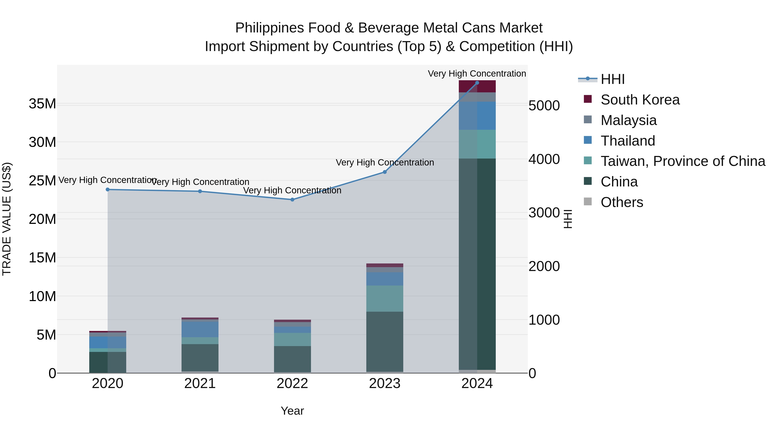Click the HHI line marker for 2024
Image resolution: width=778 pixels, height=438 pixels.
pyautogui.click(x=477, y=83)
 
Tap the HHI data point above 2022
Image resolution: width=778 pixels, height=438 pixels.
pyautogui.click(x=292, y=199)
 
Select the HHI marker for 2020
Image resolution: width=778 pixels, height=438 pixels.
pyautogui.click(x=108, y=189)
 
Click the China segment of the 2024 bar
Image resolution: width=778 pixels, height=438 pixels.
pyautogui.click(x=477, y=263)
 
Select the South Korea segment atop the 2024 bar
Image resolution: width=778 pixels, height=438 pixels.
pyautogui.click(x=477, y=87)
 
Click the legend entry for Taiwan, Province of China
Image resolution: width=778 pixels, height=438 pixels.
pyautogui.click(x=682, y=161)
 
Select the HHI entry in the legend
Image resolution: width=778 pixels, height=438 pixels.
pyautogui.click(x=612, y=79)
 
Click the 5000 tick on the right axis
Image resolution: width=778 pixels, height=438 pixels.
pyautogui.click(x=544, y=106)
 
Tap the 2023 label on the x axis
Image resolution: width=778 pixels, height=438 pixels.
pyautogui.click(x=384, y=383)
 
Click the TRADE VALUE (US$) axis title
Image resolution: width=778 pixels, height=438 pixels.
pyautogui.click(x=7, y=219)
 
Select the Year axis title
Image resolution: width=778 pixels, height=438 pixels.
pyautogui.click(x=292, y=411)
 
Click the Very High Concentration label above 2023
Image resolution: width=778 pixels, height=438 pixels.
pyautogui.click(x=384, y=163)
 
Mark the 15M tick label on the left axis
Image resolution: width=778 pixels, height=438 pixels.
pyautogui.click(x=42, y=258)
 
